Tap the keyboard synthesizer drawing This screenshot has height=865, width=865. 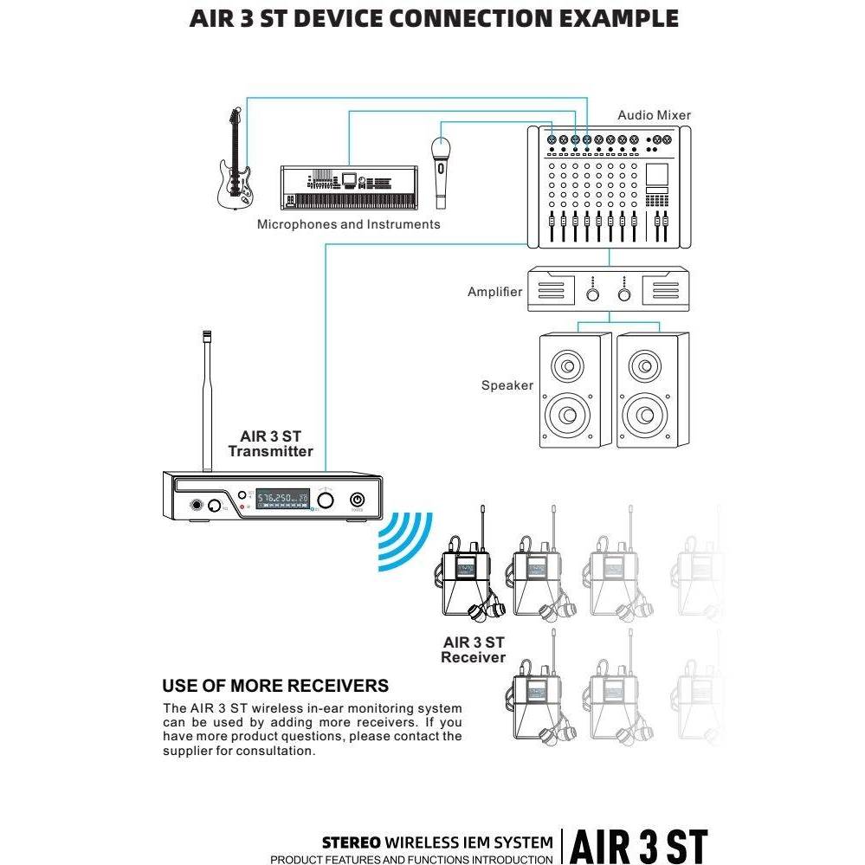pyautogui.click(x=349, y=187)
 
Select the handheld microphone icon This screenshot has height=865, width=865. pyautogui.click(x=441, y=172)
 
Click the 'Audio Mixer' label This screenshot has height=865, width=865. pyautogui.click(x=654, y=115)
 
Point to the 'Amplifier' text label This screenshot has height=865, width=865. pyautogui.click(x=494, y=292)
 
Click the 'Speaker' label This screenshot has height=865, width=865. pyautogui.click(x=507, y=385)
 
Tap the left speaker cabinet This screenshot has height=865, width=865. pyautogui.click(x=575, y=390)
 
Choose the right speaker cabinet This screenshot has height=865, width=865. pyautogui.click(x=653, y=390)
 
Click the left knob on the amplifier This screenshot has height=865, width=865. pyautogui.click(x=592, y=294)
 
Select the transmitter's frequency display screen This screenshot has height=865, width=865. pyautogui.click(x=282, y=499)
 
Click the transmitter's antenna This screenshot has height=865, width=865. pyautogui.click(x=208, y=401)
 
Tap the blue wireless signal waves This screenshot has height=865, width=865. pyautogui.click(x=405, y=541)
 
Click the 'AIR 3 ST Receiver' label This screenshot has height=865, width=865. pyautogui.click(x=474, y=650)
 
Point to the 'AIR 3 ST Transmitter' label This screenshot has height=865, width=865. pyautogui.click(x=270, y=443)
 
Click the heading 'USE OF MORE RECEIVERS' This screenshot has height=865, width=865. pyautogui.click(x=275, y=686)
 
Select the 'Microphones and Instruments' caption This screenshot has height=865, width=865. pyautogui.click(x=349, y=224)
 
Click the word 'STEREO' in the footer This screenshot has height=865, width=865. pyautogui.click(x=352, y=842)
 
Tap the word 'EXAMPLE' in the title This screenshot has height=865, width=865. pyautogui.click(x=619, y=18)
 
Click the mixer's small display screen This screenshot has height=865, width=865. pyautogui.click(x=656, y=174)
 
